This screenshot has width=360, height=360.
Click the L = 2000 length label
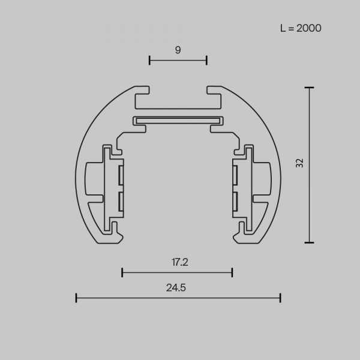[301, 28]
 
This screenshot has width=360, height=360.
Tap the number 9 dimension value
[178, 50]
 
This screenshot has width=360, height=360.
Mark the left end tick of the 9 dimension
[149, 59]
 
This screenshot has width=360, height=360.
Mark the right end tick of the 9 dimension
[206, 59]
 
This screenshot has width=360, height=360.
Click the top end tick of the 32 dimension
[309, 88]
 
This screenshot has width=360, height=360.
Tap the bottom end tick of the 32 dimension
[309, 242]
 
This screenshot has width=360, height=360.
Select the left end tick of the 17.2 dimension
[122, 272]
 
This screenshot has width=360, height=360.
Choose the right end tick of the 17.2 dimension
[232, 272]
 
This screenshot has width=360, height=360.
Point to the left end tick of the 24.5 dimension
[76, 297]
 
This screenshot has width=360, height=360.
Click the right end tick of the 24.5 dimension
[280, 297]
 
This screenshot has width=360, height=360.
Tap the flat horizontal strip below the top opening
[178, 120]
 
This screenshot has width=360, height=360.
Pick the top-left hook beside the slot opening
[142, 93]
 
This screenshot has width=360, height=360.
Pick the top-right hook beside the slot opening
[214, 93]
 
